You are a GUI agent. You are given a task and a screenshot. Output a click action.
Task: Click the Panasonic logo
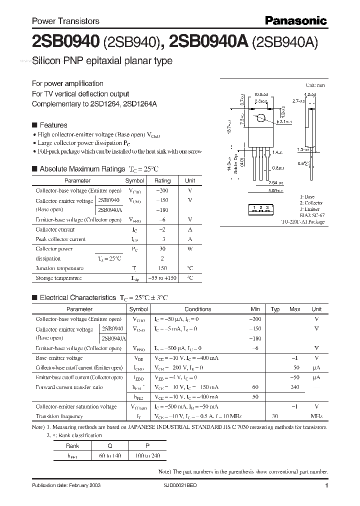295,20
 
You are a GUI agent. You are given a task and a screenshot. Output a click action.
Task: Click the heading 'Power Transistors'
65,21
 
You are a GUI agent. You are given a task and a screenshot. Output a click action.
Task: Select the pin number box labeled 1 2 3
261,207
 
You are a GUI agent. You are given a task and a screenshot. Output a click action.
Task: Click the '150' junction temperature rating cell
162,268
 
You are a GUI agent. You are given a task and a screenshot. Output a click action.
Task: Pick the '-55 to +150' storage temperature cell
162,278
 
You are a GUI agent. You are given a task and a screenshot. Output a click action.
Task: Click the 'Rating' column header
162,180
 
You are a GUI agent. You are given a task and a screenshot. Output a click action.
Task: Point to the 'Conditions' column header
198,309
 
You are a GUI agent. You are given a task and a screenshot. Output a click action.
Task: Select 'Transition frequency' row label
59,416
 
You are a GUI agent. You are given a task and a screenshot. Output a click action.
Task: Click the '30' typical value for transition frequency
274,416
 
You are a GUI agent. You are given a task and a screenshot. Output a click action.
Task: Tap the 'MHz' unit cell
316,416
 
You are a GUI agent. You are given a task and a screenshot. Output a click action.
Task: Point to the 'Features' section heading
53,125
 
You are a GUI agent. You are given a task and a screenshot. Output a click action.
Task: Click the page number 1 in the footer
326,485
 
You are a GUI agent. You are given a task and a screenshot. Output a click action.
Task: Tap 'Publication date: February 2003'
63,486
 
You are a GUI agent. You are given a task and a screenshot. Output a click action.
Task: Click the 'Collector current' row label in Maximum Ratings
55,229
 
